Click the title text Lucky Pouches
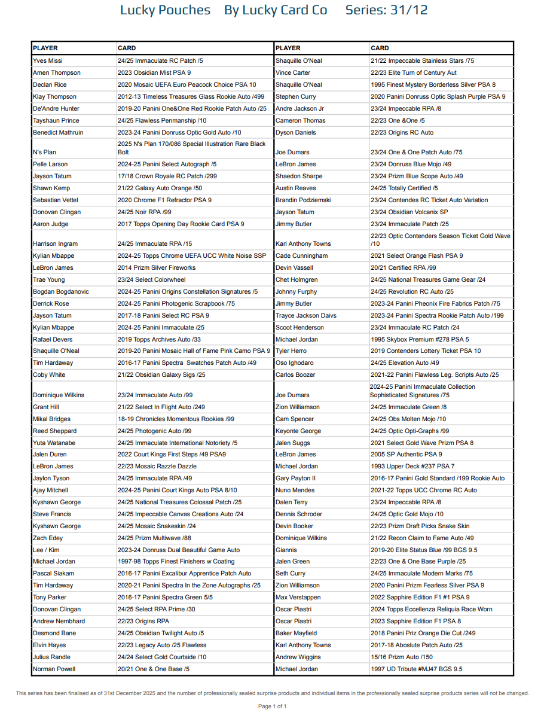(165, 10)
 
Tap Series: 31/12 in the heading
(386, 10)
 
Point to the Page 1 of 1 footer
(272, 706)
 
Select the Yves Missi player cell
(48, 61)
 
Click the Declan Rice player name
(50, 85)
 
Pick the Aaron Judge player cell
(51, 224)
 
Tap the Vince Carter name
(293, 73)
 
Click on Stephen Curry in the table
(296, 97)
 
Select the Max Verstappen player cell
(298, 598)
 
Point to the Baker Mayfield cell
(296, 633)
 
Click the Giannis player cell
(286, 550)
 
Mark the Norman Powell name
(54, 669)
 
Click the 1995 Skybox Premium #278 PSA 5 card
(420, 340)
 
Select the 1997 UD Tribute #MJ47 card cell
(416, 669)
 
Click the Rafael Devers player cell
(53, 340)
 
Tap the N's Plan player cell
(45, 153)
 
